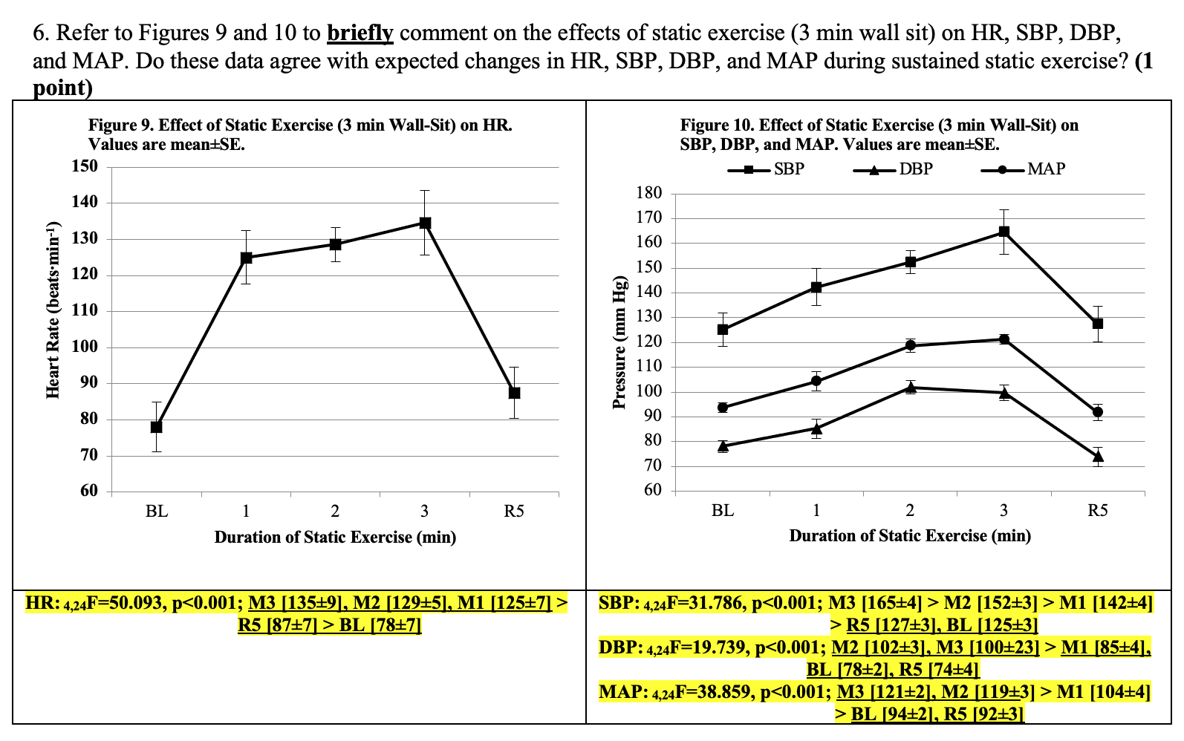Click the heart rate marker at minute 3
coord(425,223)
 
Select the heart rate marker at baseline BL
coord(156,427)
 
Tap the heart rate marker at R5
coord(514,393)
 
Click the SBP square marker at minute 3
coord(1004,232)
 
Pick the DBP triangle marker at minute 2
coord(911,387)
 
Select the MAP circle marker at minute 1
coord(816,381)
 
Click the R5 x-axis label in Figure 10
coord(1097,511)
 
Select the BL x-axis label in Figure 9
coord(156,512)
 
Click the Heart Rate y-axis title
coord(53,310)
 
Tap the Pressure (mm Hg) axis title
coord(619,343)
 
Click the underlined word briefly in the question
coord(360,33)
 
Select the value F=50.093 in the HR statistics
coord(118,604)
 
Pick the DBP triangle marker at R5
coord(1098,456)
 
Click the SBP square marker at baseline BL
coord(723,330)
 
